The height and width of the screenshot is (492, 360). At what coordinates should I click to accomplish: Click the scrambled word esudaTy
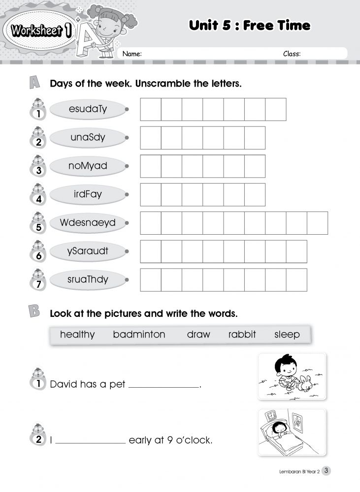(x=88, y=109)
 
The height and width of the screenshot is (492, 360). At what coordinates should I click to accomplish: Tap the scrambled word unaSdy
(x=88, y=137)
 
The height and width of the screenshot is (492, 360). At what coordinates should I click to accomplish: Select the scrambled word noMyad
(x=88, y=166)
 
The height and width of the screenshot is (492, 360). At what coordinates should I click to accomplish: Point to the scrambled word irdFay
(x=88, y=194)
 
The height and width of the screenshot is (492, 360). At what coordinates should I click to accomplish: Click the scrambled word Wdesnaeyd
(x=88, y=222)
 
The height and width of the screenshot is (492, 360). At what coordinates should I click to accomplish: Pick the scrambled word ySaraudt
(x=88, y=251)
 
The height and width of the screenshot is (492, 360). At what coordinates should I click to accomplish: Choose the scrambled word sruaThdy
(x=88, y=279)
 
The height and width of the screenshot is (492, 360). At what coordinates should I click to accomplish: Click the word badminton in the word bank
(x=139, y=335)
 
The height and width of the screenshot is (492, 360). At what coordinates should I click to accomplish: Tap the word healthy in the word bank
(x=77, y=335)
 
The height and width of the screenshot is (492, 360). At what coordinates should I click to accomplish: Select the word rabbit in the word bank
(x=242, y=335)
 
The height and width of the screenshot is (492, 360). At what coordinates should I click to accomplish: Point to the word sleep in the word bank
(x=287, y=335)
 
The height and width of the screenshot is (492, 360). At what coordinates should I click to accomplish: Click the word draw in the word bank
(x=198, y=335)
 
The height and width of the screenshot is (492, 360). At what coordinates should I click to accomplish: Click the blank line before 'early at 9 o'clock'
(x=90, y=443)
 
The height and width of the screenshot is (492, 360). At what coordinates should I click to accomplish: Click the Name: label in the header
(x=132, y=54)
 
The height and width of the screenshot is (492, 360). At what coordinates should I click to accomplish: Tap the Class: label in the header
(x=292, y=54)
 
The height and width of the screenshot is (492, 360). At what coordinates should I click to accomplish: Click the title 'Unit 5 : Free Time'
(x=250, y=26)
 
